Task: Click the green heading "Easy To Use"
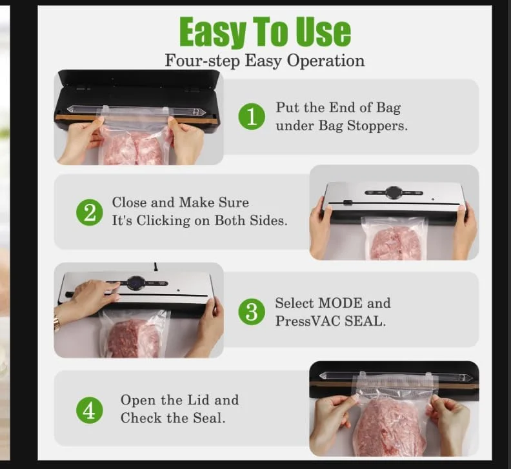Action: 265,32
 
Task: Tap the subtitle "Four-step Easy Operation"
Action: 265,61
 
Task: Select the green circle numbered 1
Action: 252,117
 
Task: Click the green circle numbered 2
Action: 89,212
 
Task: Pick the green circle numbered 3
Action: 252,312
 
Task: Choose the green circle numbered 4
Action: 89,410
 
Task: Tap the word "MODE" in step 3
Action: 340,303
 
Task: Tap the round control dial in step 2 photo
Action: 394,192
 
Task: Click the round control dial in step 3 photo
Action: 136,283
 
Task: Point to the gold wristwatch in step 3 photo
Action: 57,323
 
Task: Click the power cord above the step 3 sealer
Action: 155,266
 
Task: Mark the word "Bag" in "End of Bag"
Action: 388,108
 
